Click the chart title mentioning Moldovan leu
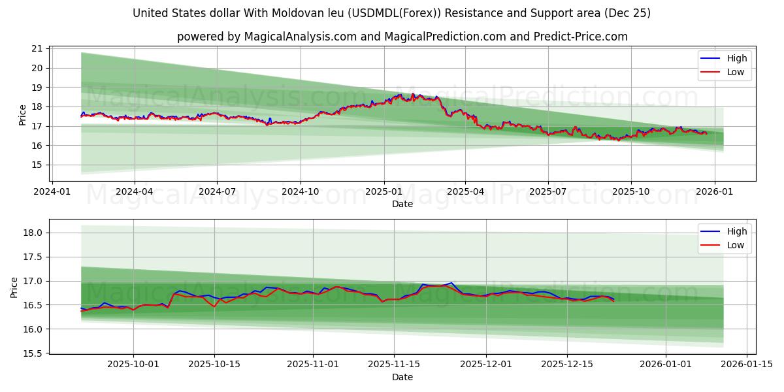(x=391, y=13)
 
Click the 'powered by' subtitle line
(x=402, y=37)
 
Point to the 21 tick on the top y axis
(x=37, y=48)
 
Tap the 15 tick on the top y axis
(x=37, y=165)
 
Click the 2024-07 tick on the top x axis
(x=217, y=191)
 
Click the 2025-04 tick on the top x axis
(x=465, y=191)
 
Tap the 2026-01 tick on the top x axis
(x=714, y=191)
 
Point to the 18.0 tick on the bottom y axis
(x=33, y=233)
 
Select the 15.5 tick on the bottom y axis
(x=33, y=353)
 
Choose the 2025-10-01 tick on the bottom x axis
(x=133, y=364)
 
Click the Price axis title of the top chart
(x=23, y=114)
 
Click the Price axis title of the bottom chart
(x=14, y=287)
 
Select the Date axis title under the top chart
(x=402, y=204)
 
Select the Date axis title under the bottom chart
(x=402, y=377)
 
